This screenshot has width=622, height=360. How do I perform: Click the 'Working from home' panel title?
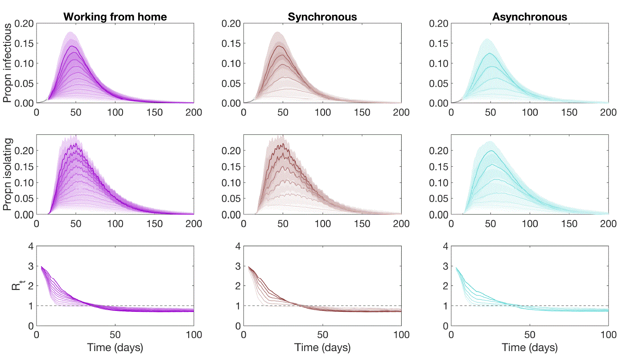[x=115, y=17]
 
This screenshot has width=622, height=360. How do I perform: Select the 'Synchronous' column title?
[x=322, y=17]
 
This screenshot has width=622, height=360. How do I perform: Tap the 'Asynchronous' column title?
[x=530, y=17]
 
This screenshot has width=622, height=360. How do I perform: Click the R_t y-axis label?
[x=16, y=286]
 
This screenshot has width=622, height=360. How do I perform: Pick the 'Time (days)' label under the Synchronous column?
[x=322, y=348]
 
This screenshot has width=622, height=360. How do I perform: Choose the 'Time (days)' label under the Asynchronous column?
[x=530, y=348]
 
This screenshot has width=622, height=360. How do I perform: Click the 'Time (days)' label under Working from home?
[x=115, y=348]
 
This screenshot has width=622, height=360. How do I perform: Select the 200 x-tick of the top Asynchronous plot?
[x=608, y=112]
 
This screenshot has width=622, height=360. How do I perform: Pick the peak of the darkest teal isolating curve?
[x=491, y=151]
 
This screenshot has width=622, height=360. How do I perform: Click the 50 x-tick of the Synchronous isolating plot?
[x=283, y=223]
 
